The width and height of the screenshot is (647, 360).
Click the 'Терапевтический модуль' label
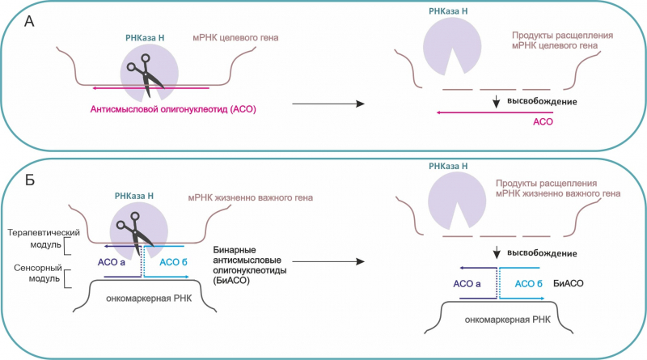tap(38, 236)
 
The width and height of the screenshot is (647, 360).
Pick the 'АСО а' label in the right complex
tap(467, 283)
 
